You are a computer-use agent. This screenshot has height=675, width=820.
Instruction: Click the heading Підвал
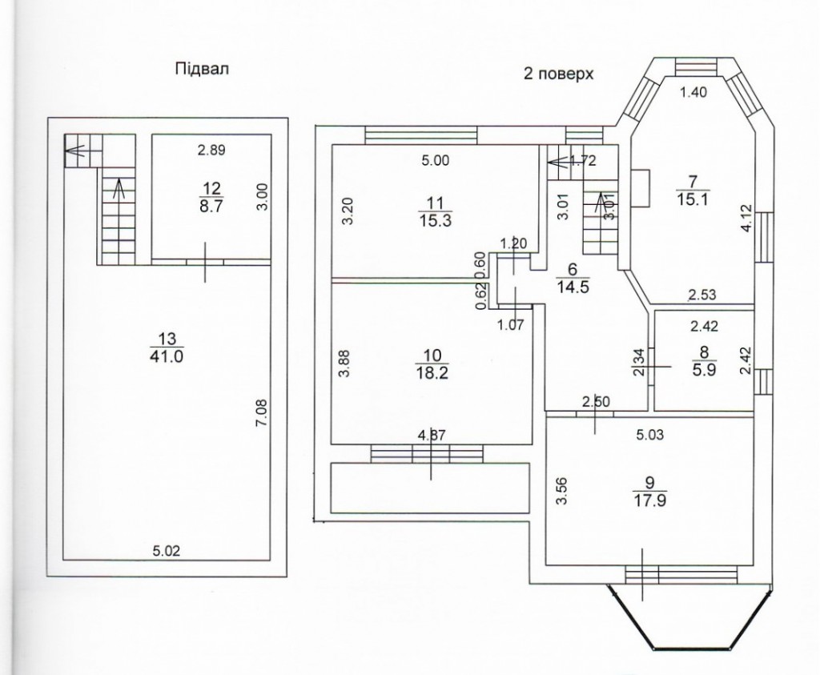[x=202, y=69]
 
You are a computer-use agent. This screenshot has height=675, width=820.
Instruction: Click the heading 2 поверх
[x=558, y=74]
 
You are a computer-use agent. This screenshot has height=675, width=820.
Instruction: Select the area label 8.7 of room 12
[x=211, y=206]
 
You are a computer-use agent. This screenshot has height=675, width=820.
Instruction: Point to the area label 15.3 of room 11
[x=435, y=221]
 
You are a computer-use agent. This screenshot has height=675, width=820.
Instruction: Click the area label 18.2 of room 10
[x=432, y=373]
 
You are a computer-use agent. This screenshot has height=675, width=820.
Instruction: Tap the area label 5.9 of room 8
[x=705, y=370]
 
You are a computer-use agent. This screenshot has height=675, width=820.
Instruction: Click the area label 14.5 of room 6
[x=573, y=287]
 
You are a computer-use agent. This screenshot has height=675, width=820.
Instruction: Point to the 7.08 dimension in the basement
[x=262, y=412]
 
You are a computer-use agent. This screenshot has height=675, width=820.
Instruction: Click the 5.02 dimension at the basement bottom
[x=167, y=551]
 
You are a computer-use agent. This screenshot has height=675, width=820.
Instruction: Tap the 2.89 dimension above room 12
[x=211, y=150]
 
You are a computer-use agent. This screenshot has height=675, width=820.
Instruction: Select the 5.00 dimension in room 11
[x=435, y=160]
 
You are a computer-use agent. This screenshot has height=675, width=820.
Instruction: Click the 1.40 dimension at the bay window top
[x=693, y=93]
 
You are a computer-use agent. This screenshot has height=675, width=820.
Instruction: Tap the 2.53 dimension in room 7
[x=701, y=295]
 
